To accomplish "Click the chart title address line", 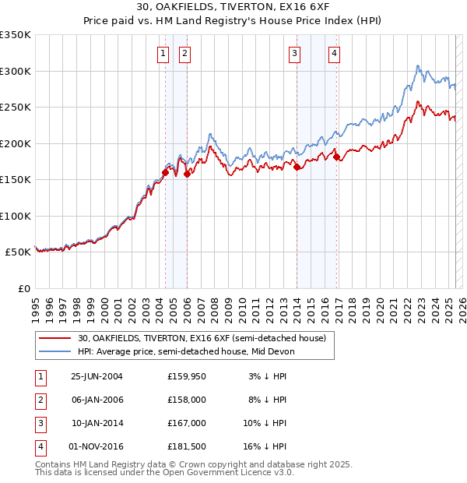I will click(233, 7).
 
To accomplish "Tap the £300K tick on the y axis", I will click(16, 71).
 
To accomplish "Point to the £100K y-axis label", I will click(16, 216).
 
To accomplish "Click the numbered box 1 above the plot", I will click(163, 54).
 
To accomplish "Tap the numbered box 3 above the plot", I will click(295, 54).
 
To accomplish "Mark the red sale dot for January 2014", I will click(297, 166).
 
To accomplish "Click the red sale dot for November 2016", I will click(336, 157).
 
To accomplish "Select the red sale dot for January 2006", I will click(187, 174).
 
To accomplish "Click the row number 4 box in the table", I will click(39, 446).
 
